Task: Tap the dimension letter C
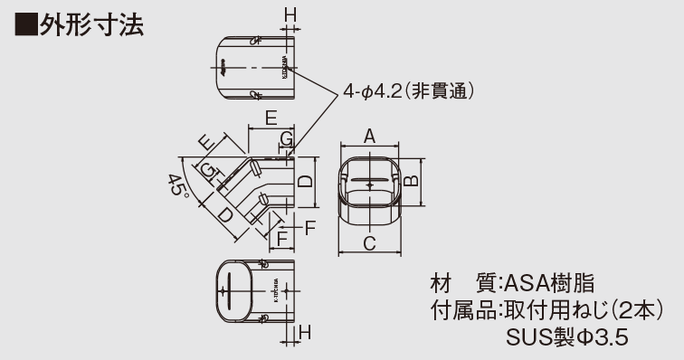369,242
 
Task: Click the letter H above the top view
290,14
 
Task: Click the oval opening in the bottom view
231,292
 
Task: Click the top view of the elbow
257,69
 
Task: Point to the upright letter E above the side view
271,118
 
